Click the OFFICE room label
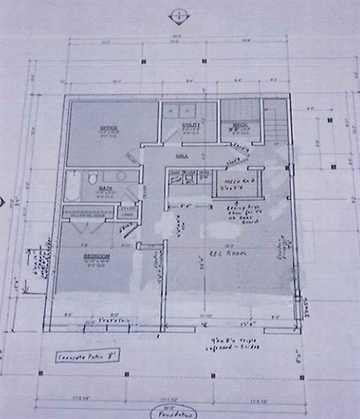pyautogui.click(x=108, y=128)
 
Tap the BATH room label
pyautogui.click(x=106, y=188)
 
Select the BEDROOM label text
pyautogui.click(x=96, y=256)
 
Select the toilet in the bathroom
pyautogui.click(x=92, y=179)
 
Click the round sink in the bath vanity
pyautogui.click(x=120, y=176)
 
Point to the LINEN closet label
pyautogui.click(x=127, y=214)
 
